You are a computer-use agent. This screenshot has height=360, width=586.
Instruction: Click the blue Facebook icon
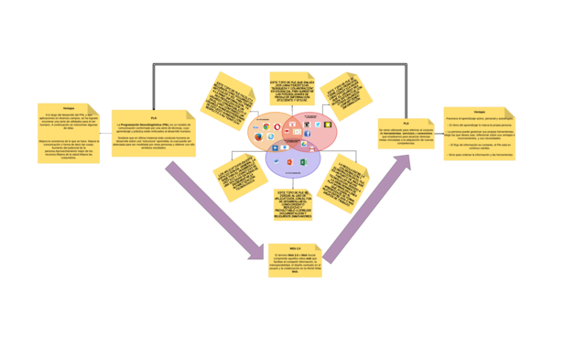[307, 134]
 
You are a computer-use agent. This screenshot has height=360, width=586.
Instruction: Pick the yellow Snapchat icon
[328, 125]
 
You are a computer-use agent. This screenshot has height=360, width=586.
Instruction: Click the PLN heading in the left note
[154, 116]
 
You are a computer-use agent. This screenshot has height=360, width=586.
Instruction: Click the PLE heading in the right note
[407, 123]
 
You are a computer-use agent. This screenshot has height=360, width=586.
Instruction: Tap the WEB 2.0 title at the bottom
[295, 248]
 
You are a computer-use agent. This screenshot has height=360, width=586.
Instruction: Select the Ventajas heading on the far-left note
[69, 109]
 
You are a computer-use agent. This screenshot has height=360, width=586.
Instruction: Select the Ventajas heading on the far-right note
[480, 112]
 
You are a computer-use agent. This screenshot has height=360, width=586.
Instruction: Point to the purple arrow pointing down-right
[214, 212]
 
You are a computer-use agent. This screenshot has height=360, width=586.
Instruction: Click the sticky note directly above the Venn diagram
[292, 90]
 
